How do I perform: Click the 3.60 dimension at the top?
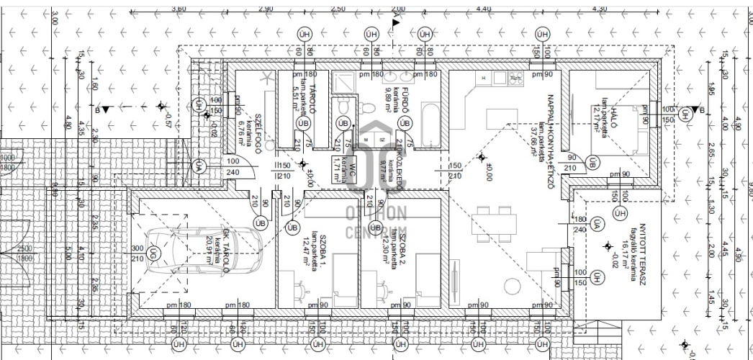(179, 8)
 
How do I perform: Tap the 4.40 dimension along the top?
(484, 8)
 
